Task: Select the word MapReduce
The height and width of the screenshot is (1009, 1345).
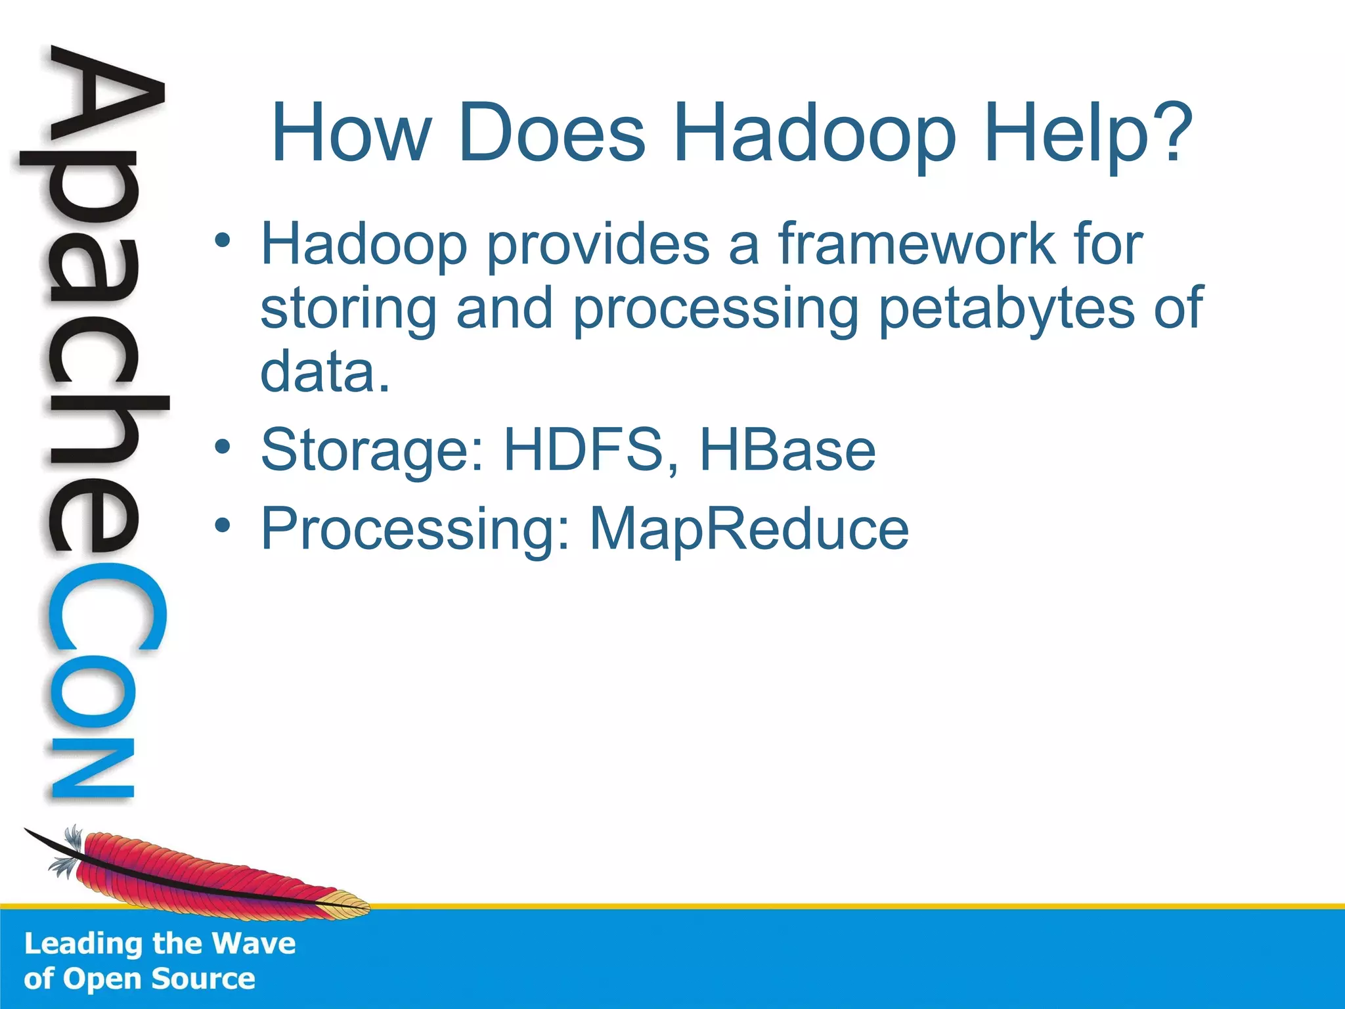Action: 749,529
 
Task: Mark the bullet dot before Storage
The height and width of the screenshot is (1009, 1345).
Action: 223,447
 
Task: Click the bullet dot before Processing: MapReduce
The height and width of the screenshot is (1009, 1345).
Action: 223,526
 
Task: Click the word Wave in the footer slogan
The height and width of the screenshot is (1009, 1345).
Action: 254,944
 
